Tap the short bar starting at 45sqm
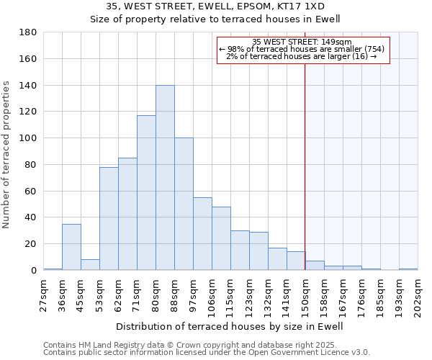click(90, 264)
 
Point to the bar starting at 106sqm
click(221, 238)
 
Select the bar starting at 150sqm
click(315, 266)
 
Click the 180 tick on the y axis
click(29, 32)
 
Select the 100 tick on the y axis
click(29, 138)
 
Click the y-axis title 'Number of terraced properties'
click(7, 155)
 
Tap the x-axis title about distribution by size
click(230, 326)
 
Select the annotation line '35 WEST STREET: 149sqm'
click(302, 42)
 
